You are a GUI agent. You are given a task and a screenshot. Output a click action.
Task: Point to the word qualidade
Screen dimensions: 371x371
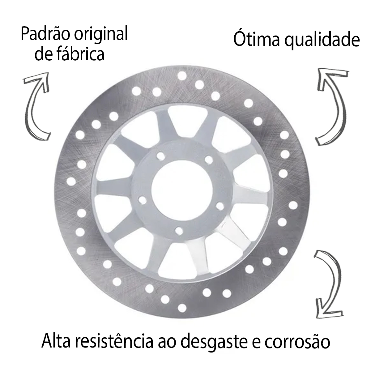[322, 41]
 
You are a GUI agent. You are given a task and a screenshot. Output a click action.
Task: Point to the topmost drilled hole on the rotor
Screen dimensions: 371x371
[182, 75]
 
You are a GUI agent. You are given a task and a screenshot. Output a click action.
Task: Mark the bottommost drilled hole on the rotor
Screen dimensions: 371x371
[182, 308]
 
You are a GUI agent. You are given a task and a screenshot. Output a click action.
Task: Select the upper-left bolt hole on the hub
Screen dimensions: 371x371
[161, 156]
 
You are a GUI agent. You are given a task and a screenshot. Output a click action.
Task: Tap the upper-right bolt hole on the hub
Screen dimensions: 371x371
[209, 160]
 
